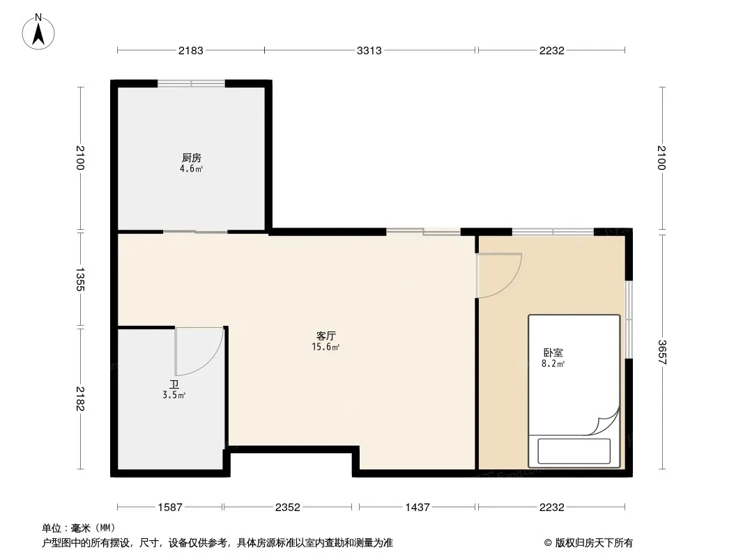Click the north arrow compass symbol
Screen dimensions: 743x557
click(38, 32)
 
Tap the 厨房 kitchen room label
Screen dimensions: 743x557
click(192, 157)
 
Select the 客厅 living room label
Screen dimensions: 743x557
click(326, 336)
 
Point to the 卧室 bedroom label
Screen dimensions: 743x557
click(553, 352)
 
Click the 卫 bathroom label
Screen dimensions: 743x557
click(174, 384)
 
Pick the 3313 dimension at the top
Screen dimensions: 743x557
click(369, 50)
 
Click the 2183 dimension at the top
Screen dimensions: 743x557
click(190, 50)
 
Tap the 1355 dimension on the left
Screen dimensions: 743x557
click(80, 279)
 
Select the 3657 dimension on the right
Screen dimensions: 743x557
click(662, 352)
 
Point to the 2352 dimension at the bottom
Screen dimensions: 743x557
click(288, 508)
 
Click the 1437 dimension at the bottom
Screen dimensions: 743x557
click(418, 508)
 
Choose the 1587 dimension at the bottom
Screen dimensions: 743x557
click(170, 508)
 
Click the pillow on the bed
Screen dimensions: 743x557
click(574, 451)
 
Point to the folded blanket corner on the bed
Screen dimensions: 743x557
click(606, 423)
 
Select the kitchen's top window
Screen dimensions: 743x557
click(192, 84)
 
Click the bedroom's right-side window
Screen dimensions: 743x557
click(628, 320)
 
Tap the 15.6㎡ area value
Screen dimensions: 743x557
click(326, 347)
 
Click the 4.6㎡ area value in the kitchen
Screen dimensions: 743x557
click(192, 168)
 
